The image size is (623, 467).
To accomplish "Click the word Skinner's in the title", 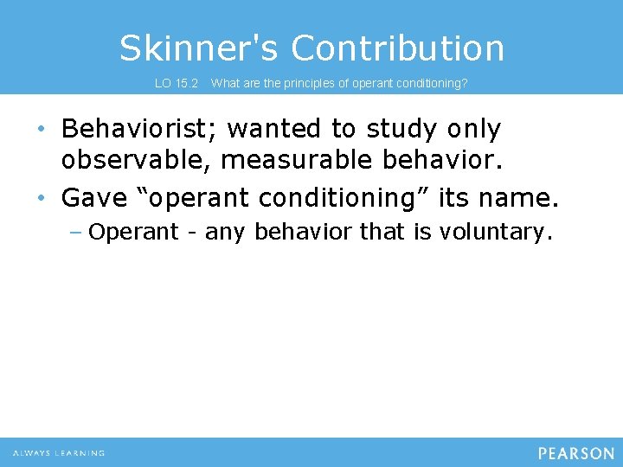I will point(198,48).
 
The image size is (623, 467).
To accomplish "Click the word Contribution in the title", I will point(397,48).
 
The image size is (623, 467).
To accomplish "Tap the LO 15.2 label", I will point(177,84).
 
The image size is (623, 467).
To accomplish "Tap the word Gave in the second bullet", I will point(94,198).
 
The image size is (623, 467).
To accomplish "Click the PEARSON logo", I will point(575,453).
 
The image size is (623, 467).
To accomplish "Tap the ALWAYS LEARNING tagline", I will point(59,453).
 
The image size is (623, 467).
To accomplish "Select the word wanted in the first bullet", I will point(273,130).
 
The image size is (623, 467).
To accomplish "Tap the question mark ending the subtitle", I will point(465,84).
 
